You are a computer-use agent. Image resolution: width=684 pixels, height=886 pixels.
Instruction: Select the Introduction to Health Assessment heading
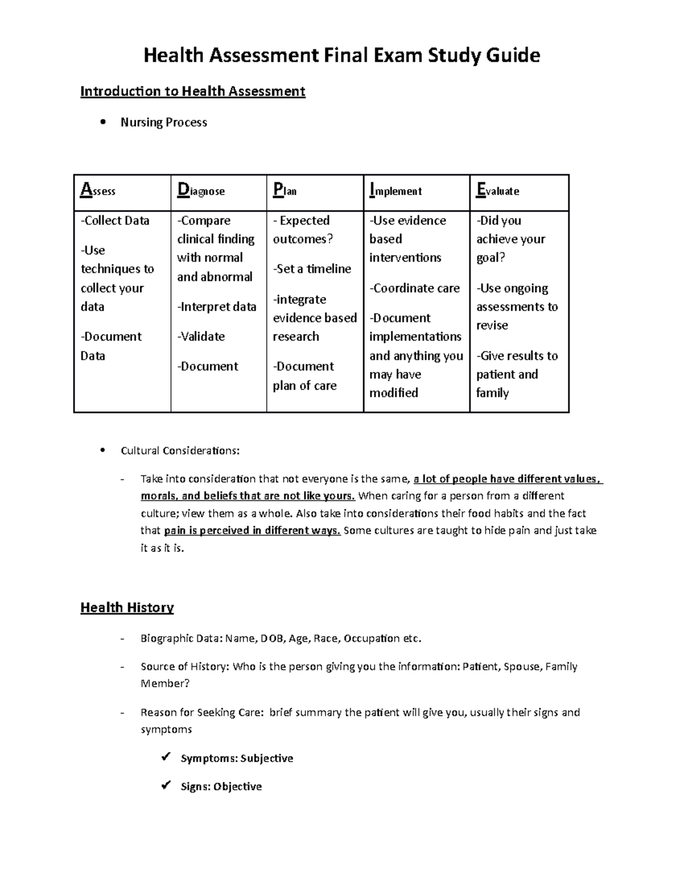pyautogui.click(x=193, y=91)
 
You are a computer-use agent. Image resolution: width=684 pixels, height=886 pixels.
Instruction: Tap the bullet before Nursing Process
pyautogui.click(x=103, y=122)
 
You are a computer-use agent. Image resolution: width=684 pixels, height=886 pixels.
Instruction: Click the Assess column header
pyautogui.click(x=98, y=191)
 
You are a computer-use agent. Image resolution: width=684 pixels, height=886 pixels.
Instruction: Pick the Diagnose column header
pyautogui.click(x=201, y=191)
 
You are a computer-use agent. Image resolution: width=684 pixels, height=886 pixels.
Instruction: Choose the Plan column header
pyautogui.click(x=285, y=191)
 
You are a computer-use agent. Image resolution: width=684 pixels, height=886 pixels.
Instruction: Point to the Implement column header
pyautogui.click(x=396, y=191)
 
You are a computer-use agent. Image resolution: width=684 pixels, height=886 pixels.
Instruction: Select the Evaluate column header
pyautogui.click(x=498, y=191)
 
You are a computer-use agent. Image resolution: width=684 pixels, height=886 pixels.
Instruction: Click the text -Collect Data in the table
pyautogui.click(x=115, y=221)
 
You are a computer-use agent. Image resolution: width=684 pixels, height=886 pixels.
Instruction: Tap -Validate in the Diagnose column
pyautogui.click(x=201, y=337)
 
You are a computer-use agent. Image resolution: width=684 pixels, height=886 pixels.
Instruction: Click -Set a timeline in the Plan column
pyautogui.click(x=312, y=269)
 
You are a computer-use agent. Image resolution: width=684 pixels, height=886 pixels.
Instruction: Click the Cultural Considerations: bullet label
pyautogui.click(x=180, y=451)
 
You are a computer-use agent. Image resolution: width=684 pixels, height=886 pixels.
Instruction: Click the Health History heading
pyautogui.click(x=127, y=608)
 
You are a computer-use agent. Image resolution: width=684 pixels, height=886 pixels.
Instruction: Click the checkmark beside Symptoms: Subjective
pyautogui.click(x=166, y=757)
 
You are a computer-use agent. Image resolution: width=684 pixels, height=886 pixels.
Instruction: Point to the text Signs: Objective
pyautogui.click(x=221, y=787)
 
